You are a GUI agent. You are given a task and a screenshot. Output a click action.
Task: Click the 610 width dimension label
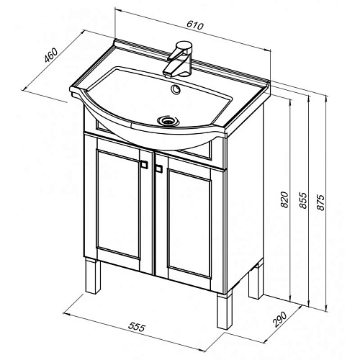coord(195,25)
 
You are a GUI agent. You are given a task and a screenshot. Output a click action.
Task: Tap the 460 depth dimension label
coord(51,55)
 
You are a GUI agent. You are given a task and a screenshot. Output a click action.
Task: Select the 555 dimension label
coord(137,326)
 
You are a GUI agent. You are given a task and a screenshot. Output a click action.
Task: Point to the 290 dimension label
coord(280,319)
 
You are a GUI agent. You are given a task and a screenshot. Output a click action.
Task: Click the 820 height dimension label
coord(284,199)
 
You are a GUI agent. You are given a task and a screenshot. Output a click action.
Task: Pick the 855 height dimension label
coord(303,200)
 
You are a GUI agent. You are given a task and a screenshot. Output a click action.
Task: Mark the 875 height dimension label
coord(320,202)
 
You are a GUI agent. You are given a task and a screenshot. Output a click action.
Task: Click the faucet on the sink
coord(179,59)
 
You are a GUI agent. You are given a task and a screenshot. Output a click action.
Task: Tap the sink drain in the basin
coord(167,120)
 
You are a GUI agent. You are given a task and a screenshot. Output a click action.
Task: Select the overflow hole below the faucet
coord(176,89)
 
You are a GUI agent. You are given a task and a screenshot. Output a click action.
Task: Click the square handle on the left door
coord(144,165)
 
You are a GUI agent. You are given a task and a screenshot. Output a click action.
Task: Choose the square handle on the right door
coord(158,168)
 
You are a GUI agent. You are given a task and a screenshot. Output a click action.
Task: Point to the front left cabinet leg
coord(92,276)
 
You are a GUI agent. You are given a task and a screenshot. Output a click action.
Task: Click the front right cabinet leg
coord(225,310)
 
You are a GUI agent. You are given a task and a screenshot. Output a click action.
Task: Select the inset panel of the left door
coord(118,204)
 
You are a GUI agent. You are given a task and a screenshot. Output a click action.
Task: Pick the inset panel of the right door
coord(189,224)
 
